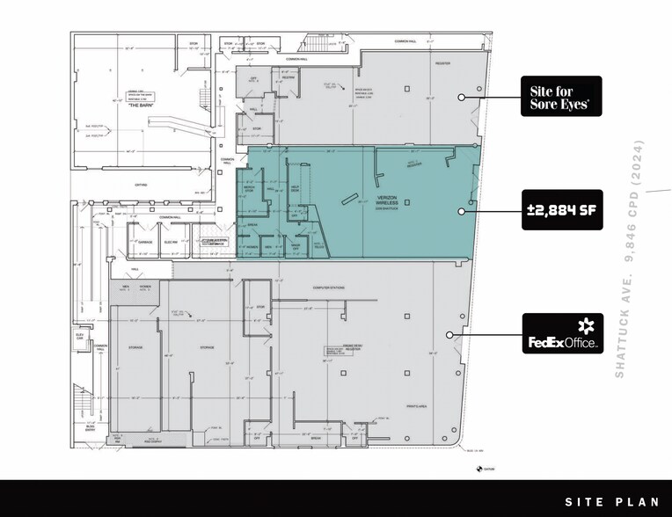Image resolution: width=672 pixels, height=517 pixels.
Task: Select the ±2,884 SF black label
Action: click(x=562, y=211)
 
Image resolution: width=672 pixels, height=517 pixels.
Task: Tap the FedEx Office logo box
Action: click(x=562, y=334)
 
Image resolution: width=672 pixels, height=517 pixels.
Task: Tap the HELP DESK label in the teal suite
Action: click(x=296, y=193)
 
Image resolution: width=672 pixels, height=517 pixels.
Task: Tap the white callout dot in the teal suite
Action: click(x=460, y=211)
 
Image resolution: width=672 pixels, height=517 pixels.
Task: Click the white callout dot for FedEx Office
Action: click(x=449, y=335)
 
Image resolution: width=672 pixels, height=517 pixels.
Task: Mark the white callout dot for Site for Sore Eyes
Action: click(x=460, y=97)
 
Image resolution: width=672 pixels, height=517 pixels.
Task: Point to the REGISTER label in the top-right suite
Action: click(x=442, y=63)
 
